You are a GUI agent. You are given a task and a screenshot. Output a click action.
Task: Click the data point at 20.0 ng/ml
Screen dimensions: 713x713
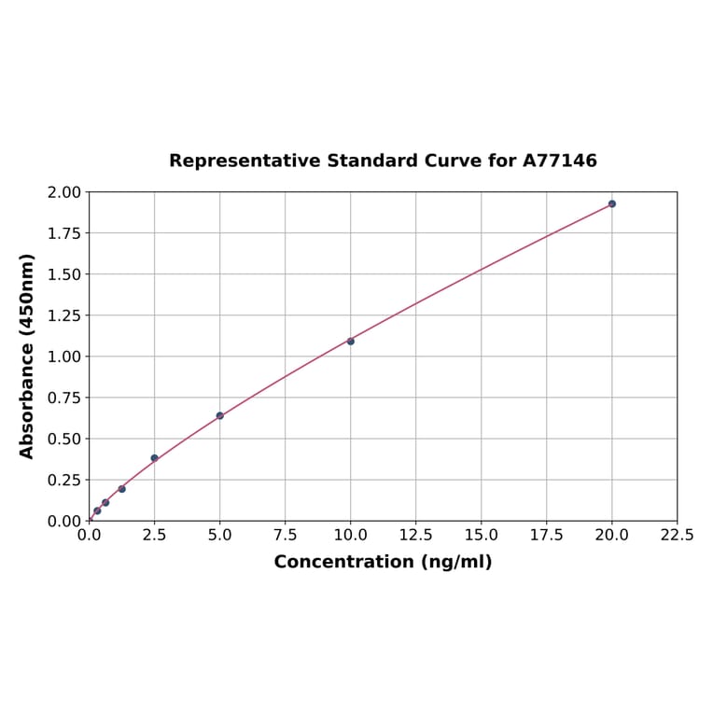pyautogui.click(x=612, y=203)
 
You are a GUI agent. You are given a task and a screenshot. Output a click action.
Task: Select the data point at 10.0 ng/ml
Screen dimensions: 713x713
pyautogui.click(x=351, y=342)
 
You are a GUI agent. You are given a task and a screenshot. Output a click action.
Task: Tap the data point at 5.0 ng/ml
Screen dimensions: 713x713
pyautogui.click(x=220, y=415)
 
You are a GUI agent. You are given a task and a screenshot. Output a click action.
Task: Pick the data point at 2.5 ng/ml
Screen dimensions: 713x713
pyautogui.click(x=155, y=458)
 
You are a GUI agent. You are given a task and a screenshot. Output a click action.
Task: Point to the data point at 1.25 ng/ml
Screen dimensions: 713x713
pyautogui.click(x=122, y=489)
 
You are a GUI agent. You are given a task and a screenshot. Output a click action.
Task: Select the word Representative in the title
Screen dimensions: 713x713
pyautogui.click(x=245, y=161)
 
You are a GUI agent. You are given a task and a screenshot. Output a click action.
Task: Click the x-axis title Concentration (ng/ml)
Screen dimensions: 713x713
pyautogui.click(x=383, y=562)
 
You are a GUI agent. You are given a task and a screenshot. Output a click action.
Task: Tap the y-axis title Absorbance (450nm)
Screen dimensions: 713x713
pyautogui.click(x=27, y=356)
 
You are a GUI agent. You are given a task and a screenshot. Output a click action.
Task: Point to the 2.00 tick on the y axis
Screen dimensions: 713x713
pyautogui.click(x=64, y=192)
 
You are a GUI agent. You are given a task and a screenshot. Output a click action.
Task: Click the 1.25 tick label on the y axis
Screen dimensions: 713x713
pyautogui.click(x=64, y=315)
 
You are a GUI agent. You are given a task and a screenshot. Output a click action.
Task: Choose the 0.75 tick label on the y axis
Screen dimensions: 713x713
pyautogui.click(x=64, y=398)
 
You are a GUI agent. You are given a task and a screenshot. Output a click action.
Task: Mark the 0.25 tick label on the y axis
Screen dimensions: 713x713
pyautogui.click(x=64, y=480)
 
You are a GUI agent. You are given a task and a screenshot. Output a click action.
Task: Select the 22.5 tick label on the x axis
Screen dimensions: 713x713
pyautogui.click(x=677, y=536)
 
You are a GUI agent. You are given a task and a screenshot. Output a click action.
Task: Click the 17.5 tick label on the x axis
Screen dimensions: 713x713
pyautogui.click(x=547, y=536)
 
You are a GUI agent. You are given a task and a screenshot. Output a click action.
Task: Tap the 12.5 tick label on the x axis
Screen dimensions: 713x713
pyautogui.click(x=416, y=536)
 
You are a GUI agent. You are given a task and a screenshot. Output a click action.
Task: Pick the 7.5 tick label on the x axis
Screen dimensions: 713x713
pyautogui.click(x=286, y=536)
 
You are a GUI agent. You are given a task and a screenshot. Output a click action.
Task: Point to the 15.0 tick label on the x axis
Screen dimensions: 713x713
pyautogui.click(x=482, y=536)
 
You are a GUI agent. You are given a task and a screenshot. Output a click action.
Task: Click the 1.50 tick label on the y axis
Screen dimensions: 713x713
pyautogui.click(x=64, y=274)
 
